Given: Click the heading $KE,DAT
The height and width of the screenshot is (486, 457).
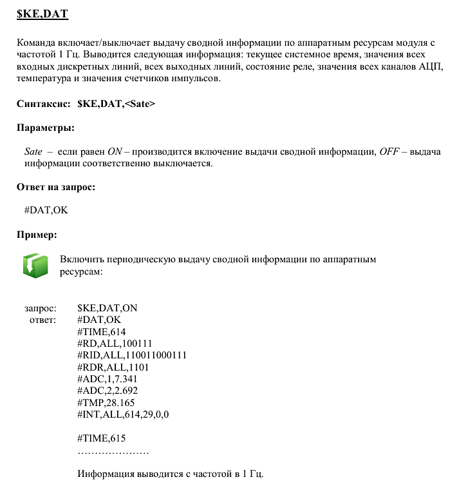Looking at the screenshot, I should click(42, 12).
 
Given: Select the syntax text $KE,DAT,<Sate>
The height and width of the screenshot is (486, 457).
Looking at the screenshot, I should click(116, 104).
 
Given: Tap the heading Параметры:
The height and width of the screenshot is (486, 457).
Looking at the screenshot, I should click(46, 128).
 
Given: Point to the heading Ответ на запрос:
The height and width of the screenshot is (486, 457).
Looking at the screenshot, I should click(56, 187).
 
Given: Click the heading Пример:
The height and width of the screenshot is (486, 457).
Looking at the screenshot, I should click(37, 233).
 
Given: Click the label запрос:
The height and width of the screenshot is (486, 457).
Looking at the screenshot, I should click(41, 308).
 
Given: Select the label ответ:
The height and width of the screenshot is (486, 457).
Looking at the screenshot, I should click(43, 320).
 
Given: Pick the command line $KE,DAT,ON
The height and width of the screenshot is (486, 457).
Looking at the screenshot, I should click(107, 308).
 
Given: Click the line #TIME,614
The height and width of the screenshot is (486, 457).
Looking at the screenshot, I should click(101, 331).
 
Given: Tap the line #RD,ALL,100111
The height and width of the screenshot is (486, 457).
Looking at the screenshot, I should click(114, 343).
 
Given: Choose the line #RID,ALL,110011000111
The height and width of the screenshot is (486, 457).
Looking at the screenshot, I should click(131, 355).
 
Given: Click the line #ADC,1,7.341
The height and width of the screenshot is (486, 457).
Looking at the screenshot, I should click(107, 378).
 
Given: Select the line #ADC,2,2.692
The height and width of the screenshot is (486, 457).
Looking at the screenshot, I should click(107, 391).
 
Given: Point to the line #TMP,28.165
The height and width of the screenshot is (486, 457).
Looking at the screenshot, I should click(106, 402).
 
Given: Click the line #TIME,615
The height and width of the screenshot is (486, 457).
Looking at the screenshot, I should click(101, 438).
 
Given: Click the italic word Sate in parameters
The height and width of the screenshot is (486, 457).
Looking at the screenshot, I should click(33, 151).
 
